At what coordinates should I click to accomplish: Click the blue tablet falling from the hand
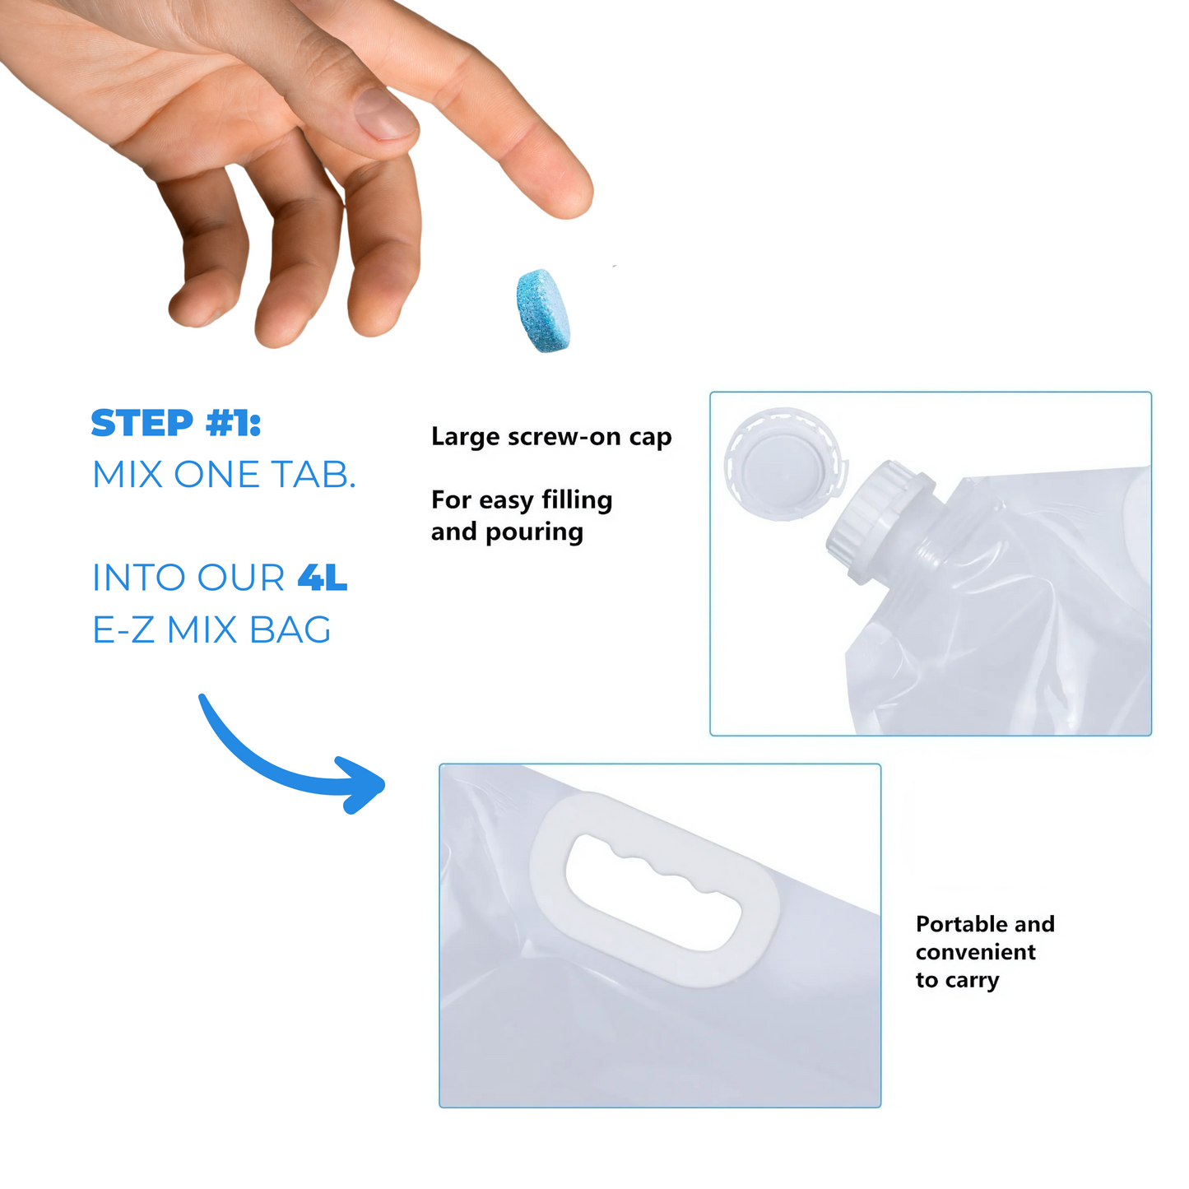[x=543, y=310]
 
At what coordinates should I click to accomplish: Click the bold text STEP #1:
[x=176, y=423]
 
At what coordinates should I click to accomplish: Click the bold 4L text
[x=322, y=578]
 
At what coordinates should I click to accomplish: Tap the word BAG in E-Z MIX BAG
[x=290, y=630]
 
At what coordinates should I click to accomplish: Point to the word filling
[x=577, y=500]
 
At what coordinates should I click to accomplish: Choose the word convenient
[x=976, y=952]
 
